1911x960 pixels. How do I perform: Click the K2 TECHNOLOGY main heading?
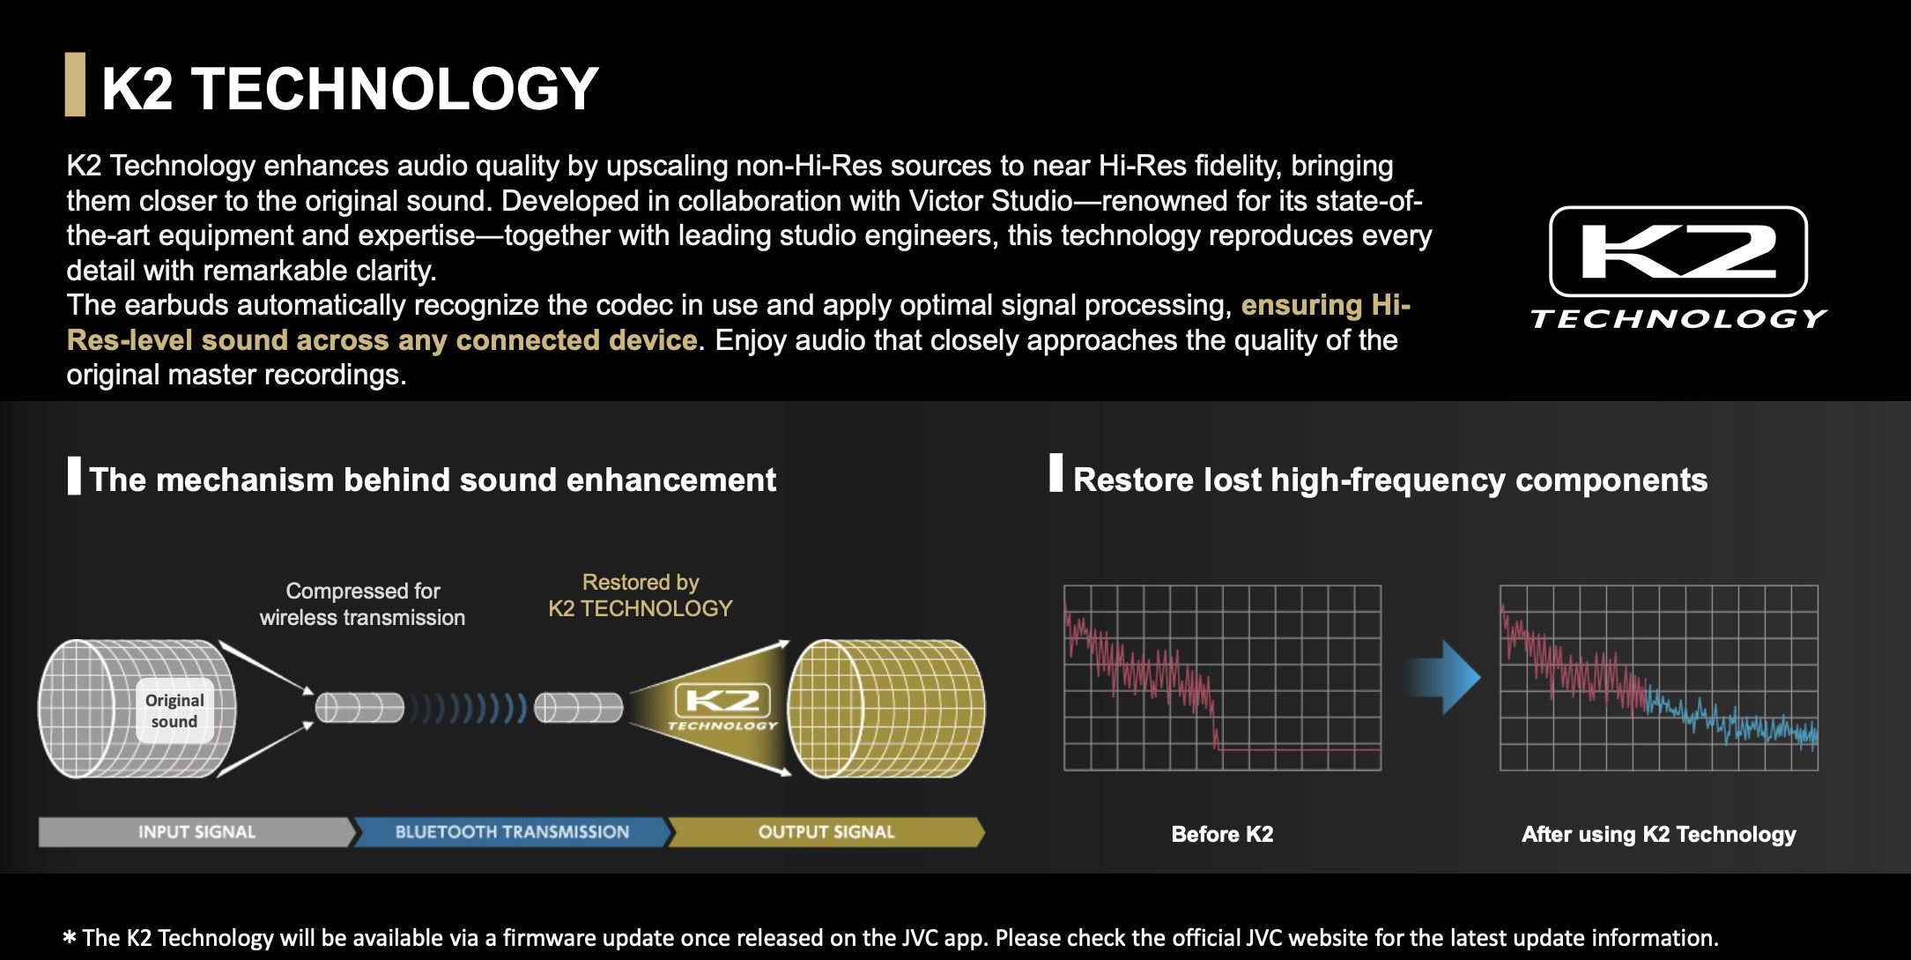(x=350, y=88)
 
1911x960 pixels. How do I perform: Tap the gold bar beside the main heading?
(x=75, y=85)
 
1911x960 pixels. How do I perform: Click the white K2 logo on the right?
(x=1678, y=268)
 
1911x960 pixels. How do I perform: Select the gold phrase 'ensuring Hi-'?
(x=1326, y=305)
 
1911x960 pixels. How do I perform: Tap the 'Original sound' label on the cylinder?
(x=174, y=711)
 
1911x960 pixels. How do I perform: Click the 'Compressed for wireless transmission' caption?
(x=362, y=604)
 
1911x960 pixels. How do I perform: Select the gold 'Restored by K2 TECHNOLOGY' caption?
(x=641, y=595)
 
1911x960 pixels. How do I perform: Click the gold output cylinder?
(x=885, y=709)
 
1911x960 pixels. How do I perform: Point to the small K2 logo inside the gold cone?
(x=722, y=707)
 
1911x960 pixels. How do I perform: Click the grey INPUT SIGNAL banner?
(x=196, y=832)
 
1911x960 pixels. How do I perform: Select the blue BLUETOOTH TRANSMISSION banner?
(x=512, y=832)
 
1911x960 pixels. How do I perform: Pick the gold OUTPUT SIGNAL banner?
(x=826, y=832)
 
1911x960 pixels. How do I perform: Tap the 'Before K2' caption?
(x=1222, y=834)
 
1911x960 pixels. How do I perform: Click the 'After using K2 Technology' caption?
(x=1658, y=834)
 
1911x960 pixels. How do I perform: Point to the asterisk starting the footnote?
(x=70, y=938)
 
